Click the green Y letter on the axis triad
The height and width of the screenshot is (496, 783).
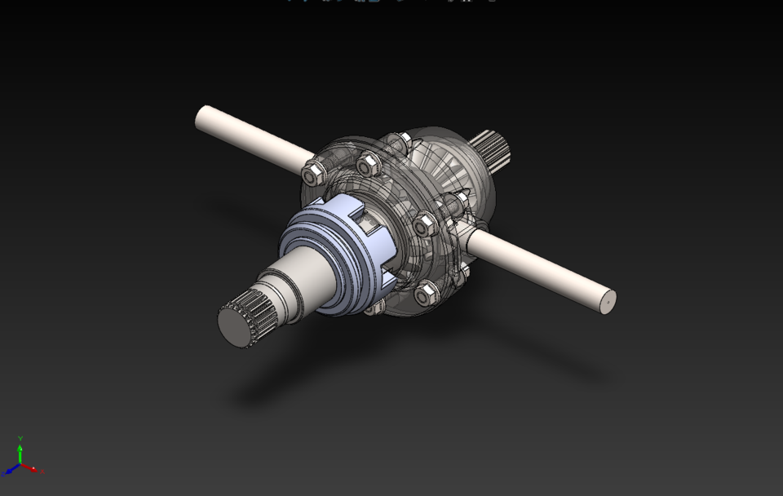click(x=20, y=438)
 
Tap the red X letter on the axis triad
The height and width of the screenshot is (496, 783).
click(x=42, y=471)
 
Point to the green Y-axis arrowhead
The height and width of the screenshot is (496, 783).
click(x=20, y=448)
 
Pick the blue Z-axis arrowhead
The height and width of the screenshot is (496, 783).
click(x=9, y=472)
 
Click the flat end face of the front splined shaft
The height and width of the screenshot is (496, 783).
click(x=232, y=327)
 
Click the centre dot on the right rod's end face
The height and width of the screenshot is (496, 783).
click(x=606, y=301)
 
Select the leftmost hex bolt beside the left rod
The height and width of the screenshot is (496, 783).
click(x=312, y=172)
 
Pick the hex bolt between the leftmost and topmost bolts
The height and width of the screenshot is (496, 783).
click(x=365, y=166)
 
